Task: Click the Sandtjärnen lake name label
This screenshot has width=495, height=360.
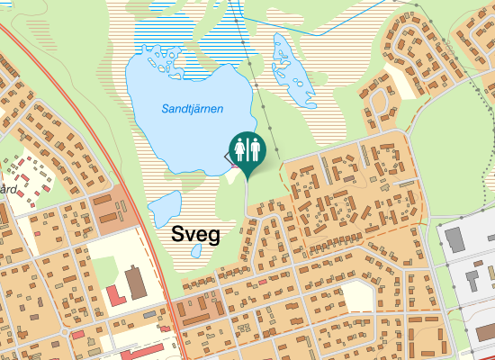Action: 192,109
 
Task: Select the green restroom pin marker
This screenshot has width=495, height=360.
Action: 247,151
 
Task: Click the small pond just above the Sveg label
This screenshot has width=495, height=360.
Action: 164,209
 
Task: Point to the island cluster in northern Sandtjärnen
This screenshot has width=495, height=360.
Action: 166,58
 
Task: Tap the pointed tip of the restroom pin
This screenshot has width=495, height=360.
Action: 247,175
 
